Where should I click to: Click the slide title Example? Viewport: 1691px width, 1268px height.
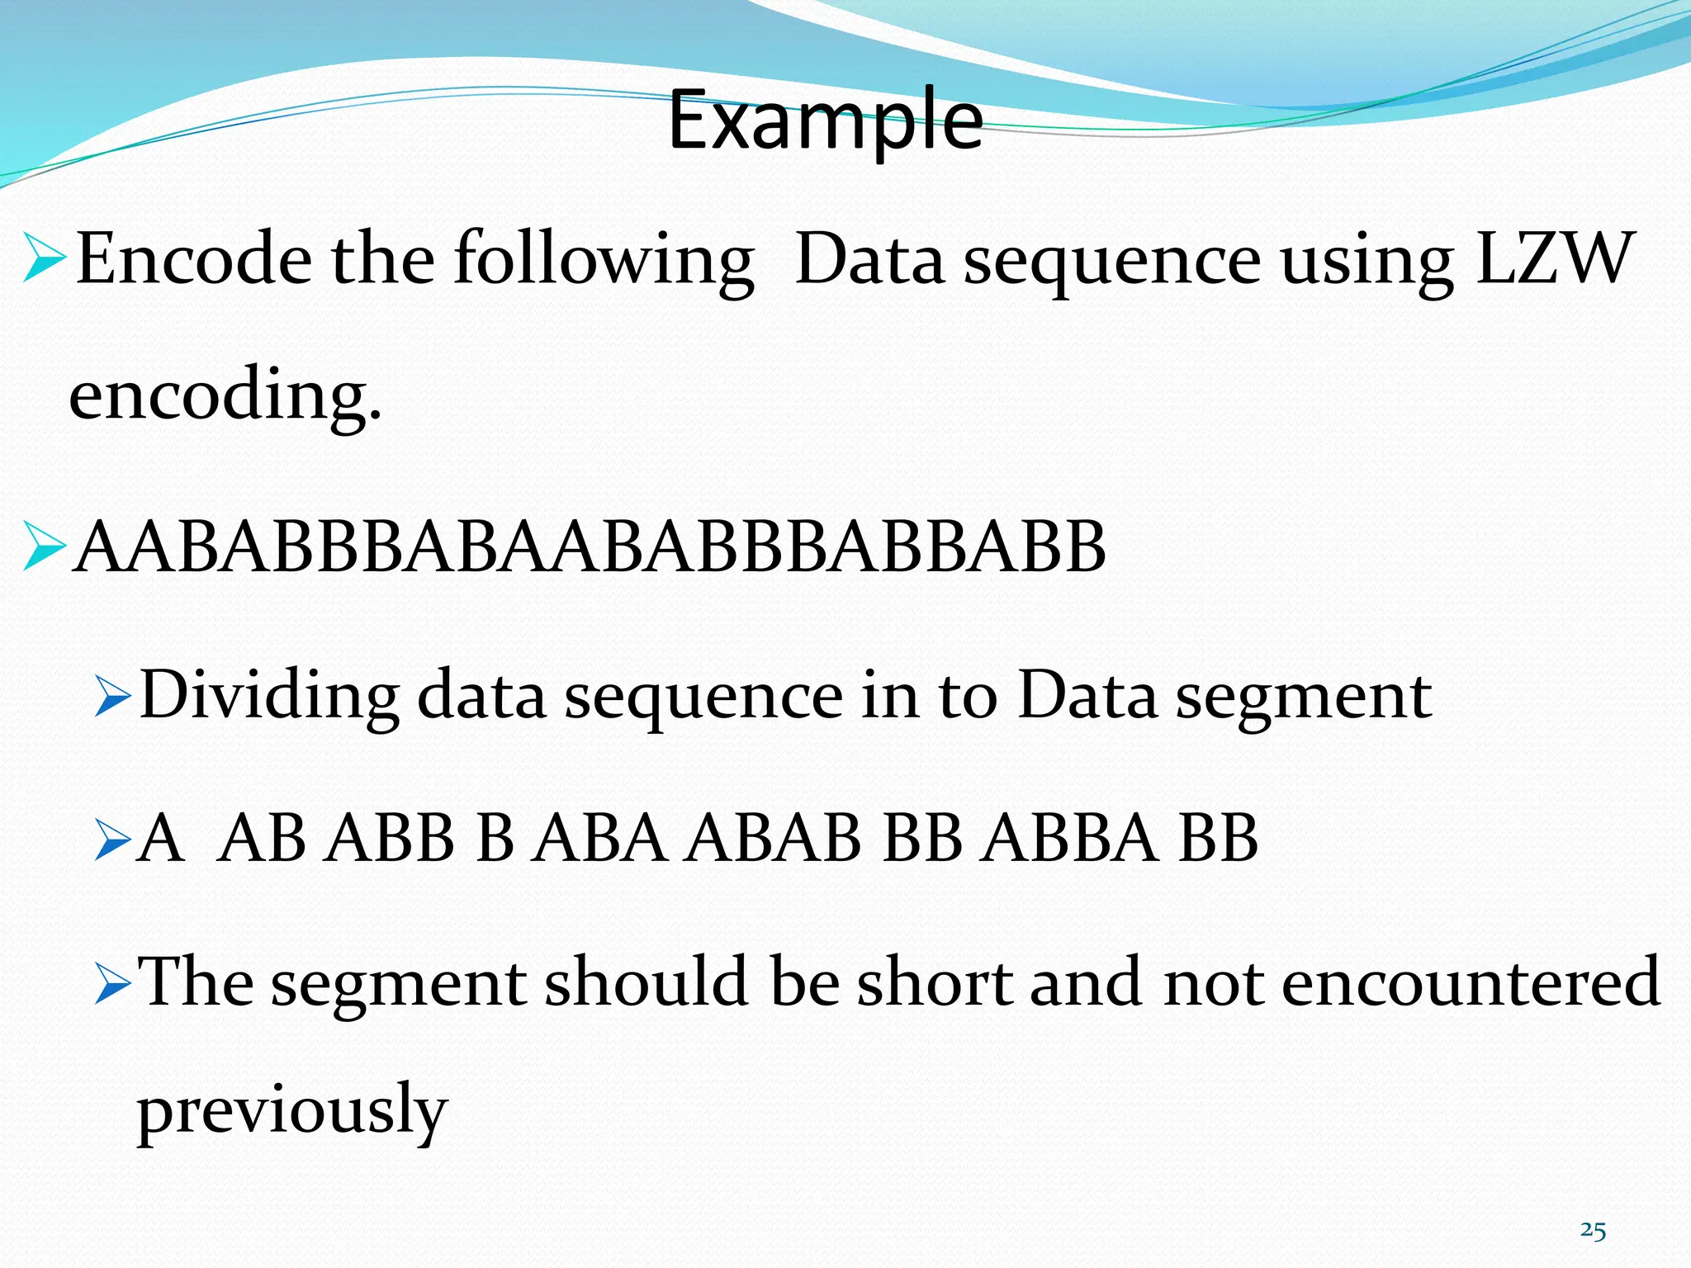[x=825, y=121]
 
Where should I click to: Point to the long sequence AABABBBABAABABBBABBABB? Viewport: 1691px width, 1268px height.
[x=590, y=547]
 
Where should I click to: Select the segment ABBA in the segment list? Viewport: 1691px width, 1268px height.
[x=1070, y=839]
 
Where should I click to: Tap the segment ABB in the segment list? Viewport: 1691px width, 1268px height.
[x=389, y=839]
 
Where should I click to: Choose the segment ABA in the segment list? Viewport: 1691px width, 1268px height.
[x=599, y=839]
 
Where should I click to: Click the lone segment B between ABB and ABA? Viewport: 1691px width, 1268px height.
[x=495, y=839]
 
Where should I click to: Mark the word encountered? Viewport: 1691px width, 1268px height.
[x=1471, y=982]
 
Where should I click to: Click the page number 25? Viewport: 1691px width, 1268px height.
[x=1593, y=1231]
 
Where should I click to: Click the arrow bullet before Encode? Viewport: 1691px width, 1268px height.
[x=44, y=258]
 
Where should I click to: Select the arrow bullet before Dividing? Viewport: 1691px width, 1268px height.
[x=112, y=696]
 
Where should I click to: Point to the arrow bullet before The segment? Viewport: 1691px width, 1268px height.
[x=112, y=982]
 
